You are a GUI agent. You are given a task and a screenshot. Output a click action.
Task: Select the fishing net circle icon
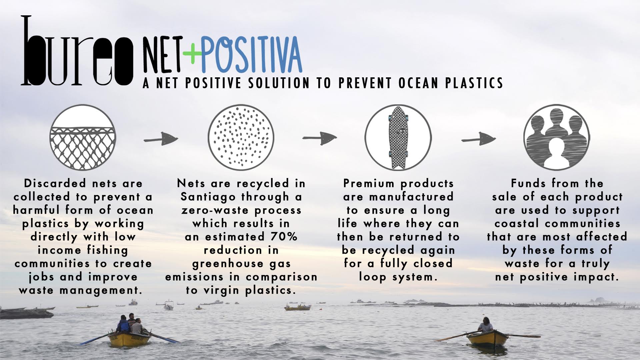pyautogui.click(x=83, y=138)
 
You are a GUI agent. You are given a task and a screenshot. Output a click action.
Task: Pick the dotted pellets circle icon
pyautogui.click(x=241, y=137)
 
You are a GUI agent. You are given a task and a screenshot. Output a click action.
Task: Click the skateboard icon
pyautogui.click(x=398, y=137)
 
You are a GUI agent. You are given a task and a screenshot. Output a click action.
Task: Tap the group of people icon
pyautogui.click(x=556, y=137)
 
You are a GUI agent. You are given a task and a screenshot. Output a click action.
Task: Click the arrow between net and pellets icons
pyautogui.click(x=161, y=139)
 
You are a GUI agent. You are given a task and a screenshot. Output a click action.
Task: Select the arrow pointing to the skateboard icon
pyautogui.click(x=320, y=138)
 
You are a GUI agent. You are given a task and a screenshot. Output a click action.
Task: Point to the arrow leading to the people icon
pyautogui.click(x=479, y=138)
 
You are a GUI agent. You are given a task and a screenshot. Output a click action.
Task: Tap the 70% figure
pyautogui.click(x=284, y=237)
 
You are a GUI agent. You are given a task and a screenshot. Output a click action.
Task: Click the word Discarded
pyautogui.click(x=55, y=183)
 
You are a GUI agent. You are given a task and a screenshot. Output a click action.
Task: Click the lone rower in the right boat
pyautogui.click(x=485, y=325)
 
